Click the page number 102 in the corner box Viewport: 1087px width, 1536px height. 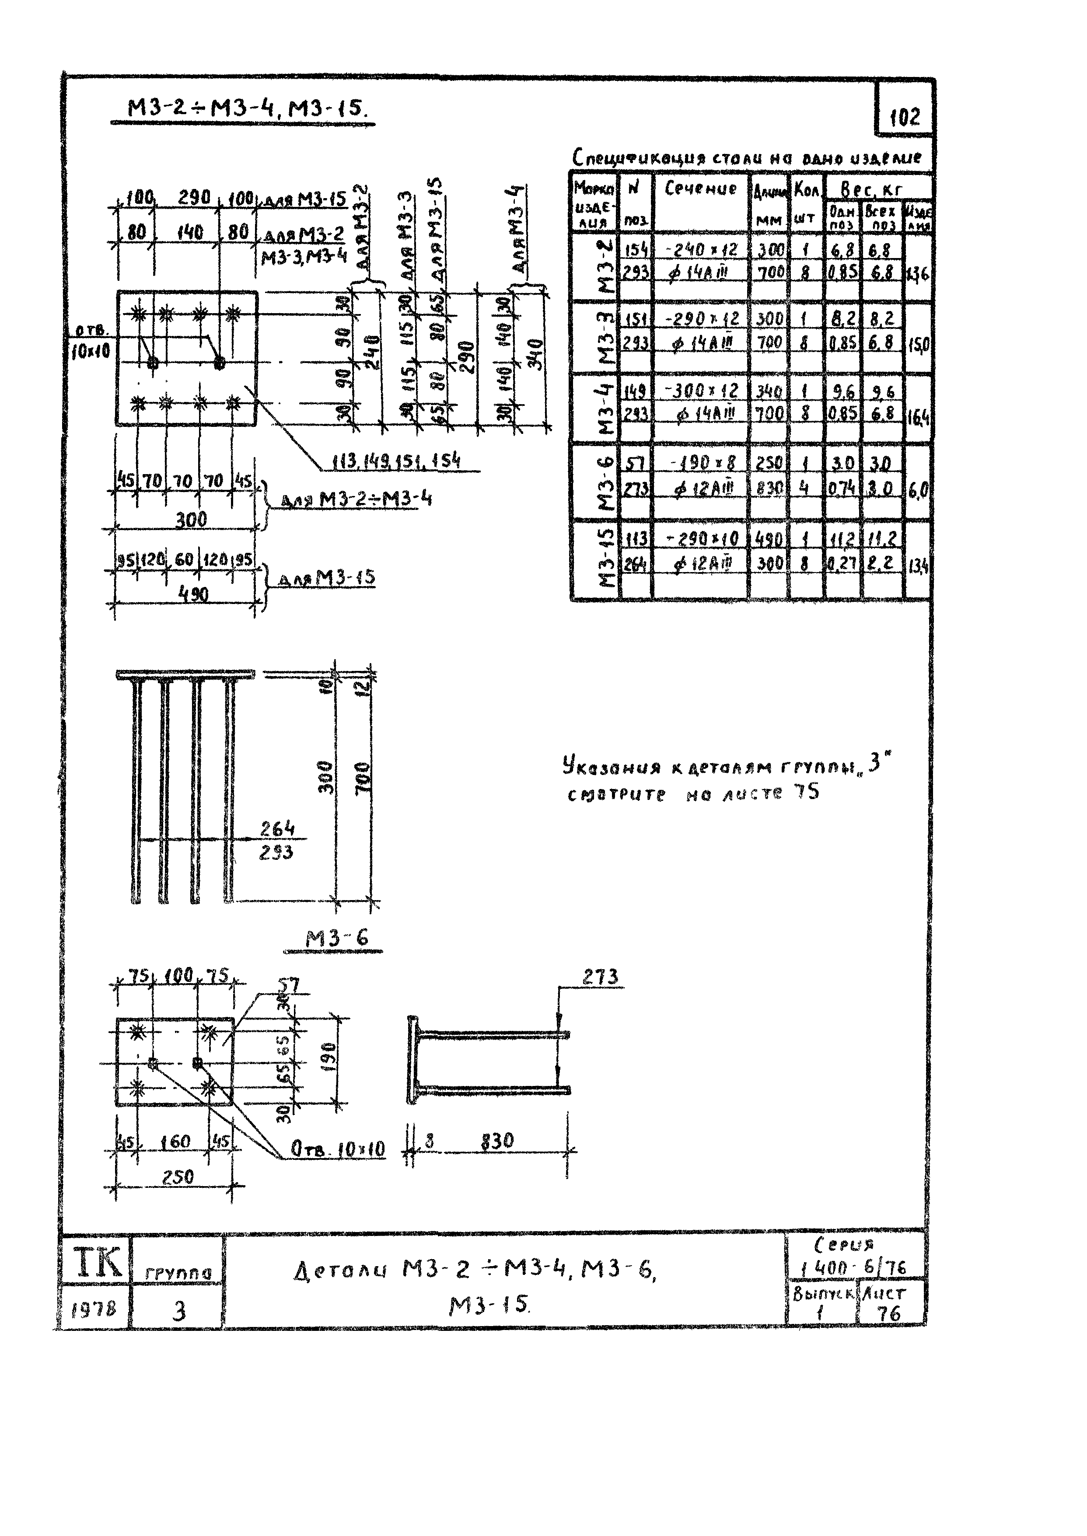(x=905, y=117)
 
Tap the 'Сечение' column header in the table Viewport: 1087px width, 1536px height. (x=701, y=189)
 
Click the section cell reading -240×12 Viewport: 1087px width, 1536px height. (x=701, y=250)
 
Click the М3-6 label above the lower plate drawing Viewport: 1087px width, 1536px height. (x=337, y=938)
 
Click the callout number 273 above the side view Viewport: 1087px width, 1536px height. (x=600, y=977)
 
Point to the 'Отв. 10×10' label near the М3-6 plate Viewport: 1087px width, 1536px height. (x=338, y=1149)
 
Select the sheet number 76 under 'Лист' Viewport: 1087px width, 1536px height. (x=889, y=1313)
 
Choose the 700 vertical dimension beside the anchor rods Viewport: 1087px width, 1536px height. (x=362, y=778)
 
